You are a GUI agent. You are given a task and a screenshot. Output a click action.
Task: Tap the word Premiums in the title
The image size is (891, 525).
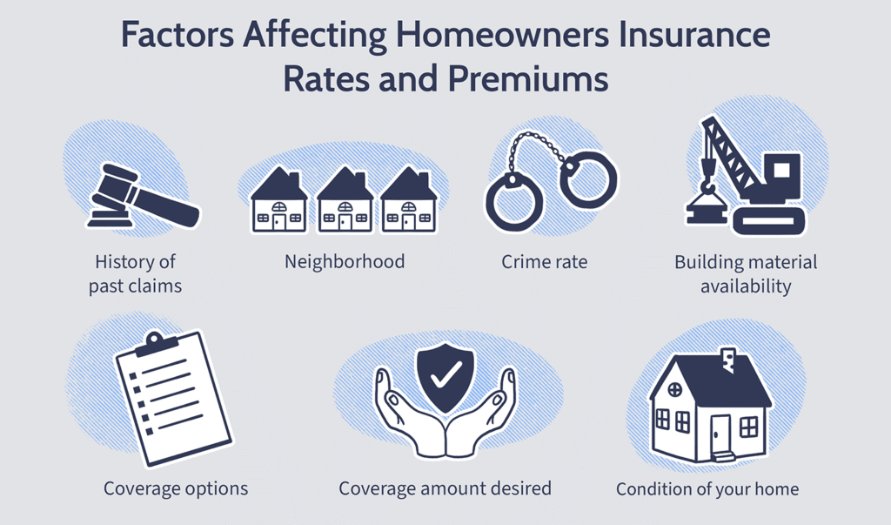[x=528, y=79]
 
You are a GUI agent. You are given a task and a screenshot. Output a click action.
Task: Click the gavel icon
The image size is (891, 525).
[x=144, y=196]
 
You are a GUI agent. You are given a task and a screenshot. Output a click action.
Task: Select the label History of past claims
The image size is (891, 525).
[x=135, y=273]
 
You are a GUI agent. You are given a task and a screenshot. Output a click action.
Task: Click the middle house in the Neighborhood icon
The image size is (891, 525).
[x=345, y=199]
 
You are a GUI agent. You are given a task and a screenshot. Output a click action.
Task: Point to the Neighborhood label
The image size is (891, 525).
[x=345, y=262]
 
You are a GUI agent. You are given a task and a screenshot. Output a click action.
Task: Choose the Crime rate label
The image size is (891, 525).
[x=545, y=262]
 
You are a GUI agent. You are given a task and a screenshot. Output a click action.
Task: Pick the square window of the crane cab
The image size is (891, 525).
[x=782, y=170]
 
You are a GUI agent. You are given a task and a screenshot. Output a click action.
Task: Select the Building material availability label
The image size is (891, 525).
[x=746, y=273]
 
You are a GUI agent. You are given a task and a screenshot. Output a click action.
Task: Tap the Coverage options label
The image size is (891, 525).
[x=176, y=488]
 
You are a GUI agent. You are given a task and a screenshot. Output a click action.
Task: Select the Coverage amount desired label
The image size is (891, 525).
[x=445, y=488]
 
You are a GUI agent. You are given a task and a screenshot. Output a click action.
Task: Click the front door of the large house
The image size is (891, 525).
[x=720, y=435]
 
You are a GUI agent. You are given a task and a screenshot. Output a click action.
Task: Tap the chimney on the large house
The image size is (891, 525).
[x=728, y=360]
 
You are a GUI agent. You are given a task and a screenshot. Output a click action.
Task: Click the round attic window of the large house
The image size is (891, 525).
[x=674, y=390]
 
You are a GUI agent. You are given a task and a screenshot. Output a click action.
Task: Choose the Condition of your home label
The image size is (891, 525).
[x=707, y=489]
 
